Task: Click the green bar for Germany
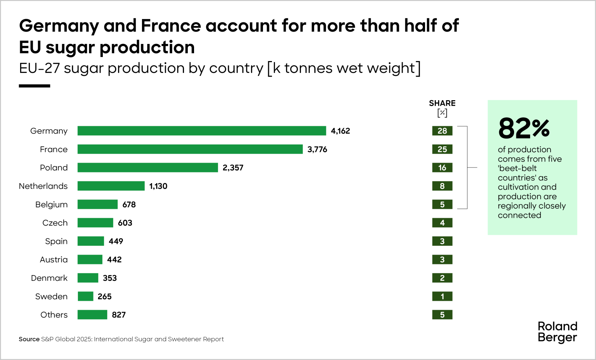(x=202, y=131)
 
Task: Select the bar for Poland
(x=148, y=168)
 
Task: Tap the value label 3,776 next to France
(x=317, y=149)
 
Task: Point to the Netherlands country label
(x=43, y=186)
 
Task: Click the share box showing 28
(x=442, y=131)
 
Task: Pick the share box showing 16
(x=442, y=168)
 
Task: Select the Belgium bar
(x=98, y=204)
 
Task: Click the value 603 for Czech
(x=125, y=223)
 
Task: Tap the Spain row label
(x=56, y=241)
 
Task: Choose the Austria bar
(x=90, y=259)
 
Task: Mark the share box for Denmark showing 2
(x=442, y=278)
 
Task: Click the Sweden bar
(x=85, y=296)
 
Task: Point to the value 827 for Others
(x=118, y=315)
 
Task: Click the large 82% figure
(x=524, y=128)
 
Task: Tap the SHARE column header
(x=442, y=103)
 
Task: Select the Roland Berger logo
(x=557, y=332)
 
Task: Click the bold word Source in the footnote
(x=29, y=339)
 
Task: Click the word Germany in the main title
(x=59, y=26)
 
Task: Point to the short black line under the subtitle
(x=34, y=86)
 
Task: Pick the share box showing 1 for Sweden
(x=442, y=296)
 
